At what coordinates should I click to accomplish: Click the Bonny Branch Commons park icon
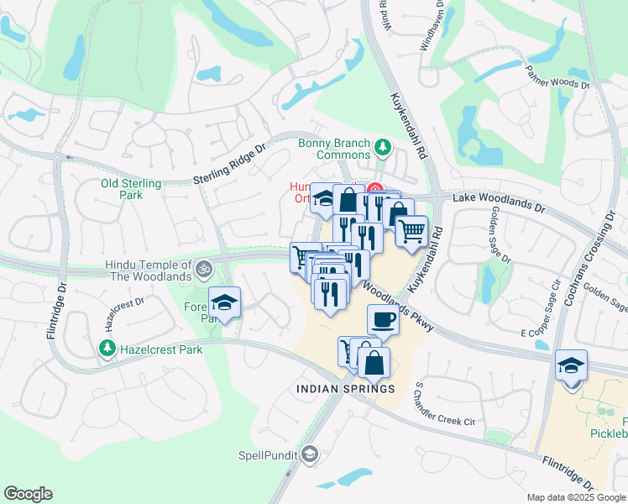pyautogui.click(x=384, y=148)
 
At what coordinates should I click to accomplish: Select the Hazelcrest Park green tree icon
pyautogui.click(x=107, y=347)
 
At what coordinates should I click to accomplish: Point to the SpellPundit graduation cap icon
pyautogui.click(x=310, y=454)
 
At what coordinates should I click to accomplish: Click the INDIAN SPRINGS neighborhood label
pyautogui.click(x=345, y=389)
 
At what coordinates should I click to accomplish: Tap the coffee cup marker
pyautogui.click(x=383, y=320)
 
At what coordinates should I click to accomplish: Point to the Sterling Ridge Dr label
pyautogui.click(x=228, y=163)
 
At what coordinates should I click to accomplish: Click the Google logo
pyautogui.click(x=28, y=494)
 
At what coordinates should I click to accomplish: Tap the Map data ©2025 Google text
pyautogui.click(x=576, y=497)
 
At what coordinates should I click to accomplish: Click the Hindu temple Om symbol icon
pyautogui.click(x=202, y=270)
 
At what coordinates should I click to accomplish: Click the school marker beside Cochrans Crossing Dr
pyautogui.click(x=571, y=366)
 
